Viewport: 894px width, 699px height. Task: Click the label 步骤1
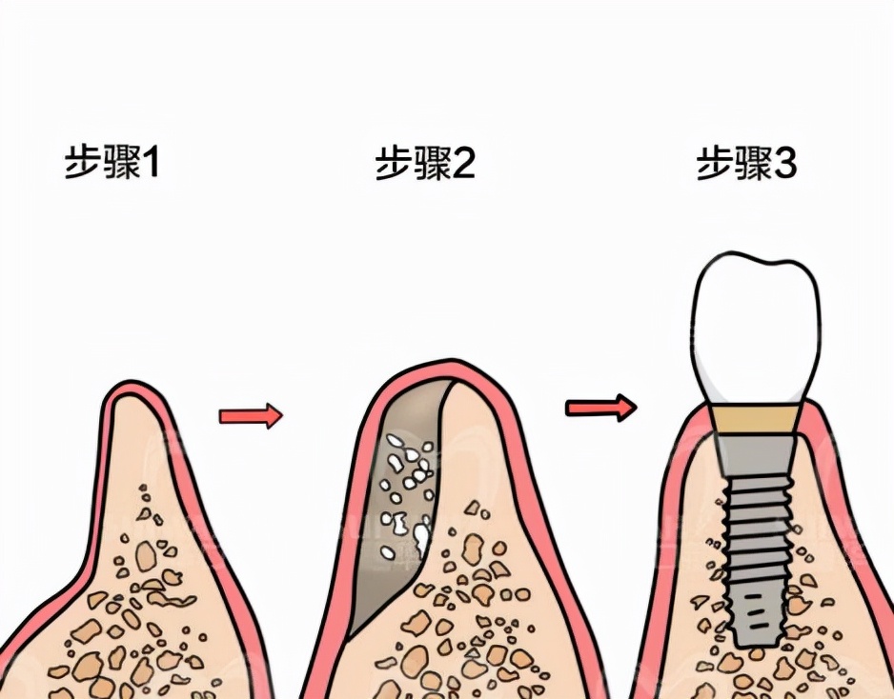pos(112,164)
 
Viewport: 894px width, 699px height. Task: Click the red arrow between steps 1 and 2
pos(251,416)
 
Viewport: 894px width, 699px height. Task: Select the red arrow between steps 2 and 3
pos(599,408)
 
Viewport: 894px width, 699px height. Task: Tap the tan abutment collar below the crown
pos(754,419)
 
